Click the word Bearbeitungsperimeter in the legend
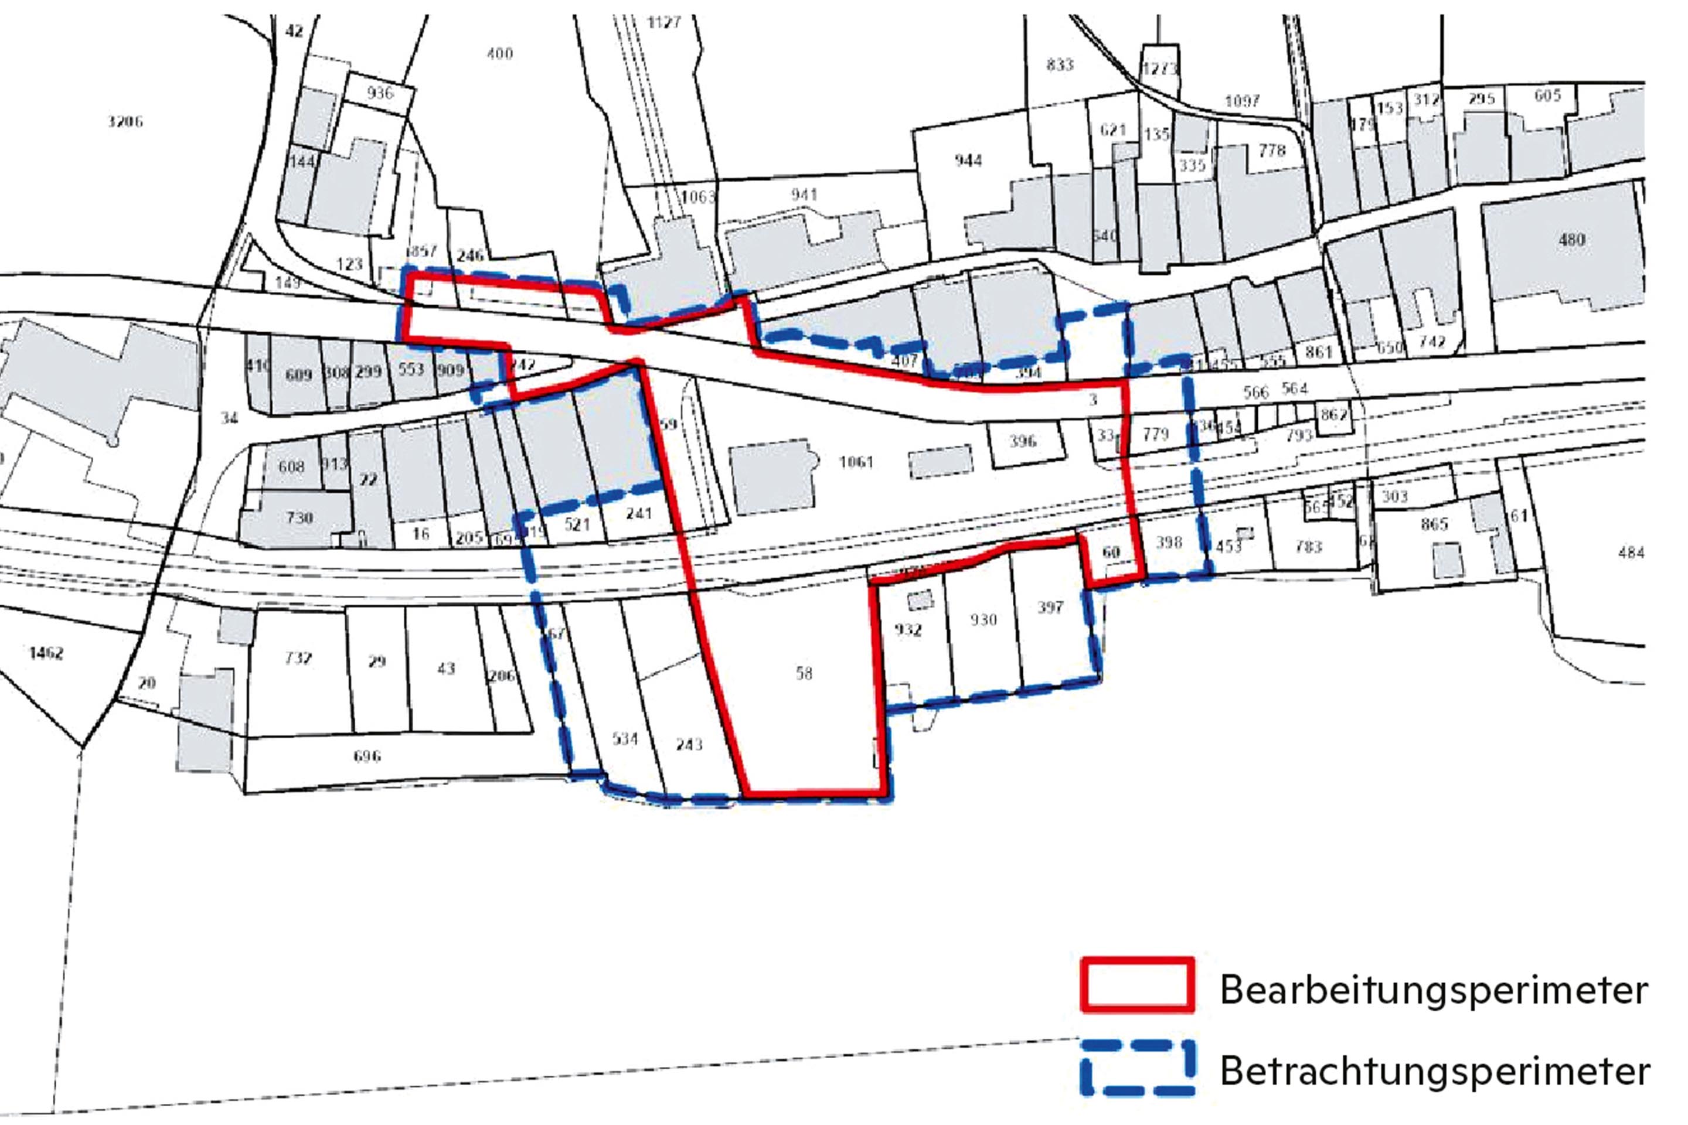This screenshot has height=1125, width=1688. (x=1434, y=991)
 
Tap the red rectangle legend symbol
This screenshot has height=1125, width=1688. (x=1138, y=984)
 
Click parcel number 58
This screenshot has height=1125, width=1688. (x=804, y=673)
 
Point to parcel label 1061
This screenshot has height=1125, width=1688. (x=856, y=461)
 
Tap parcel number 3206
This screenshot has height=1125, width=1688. (x=125, y=121)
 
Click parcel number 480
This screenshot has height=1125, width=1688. (x=1572, y=240)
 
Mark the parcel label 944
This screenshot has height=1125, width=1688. (x=968, y=160)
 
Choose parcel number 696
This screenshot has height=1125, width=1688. (x=367, y=755)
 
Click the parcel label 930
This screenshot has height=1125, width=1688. (x=983, y=619)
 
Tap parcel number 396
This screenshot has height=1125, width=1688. (x=1023, y=441)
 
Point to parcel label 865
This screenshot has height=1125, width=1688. (x=1434, y=524)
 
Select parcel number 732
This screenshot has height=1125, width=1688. (x=298, y=658)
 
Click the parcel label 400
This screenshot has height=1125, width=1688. (x=499, y=53)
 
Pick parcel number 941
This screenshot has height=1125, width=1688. (x=804, y=195)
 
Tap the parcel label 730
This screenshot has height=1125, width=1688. (x=300, y=517)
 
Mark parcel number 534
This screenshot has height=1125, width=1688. (x=624, y=738)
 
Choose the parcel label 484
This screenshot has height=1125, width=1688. (x=1631, y=553)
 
